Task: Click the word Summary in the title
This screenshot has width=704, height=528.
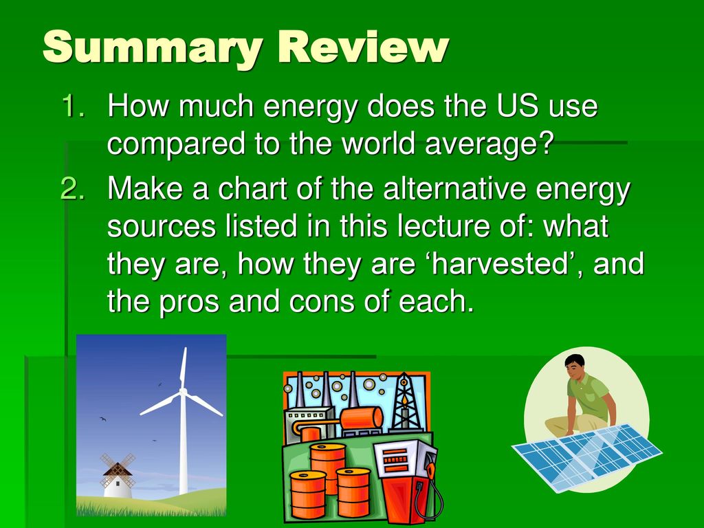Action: (153, 48)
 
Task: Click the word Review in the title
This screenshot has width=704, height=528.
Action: (364, 47)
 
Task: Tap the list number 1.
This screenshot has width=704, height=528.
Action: (73, 106)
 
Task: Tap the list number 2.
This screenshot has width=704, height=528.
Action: (72, 188)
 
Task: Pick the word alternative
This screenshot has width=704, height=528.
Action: (454, 188)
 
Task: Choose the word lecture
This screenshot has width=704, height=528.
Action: (445, 225)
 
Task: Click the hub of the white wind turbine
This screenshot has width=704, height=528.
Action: (183, 392)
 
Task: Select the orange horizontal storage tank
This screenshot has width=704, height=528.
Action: (362, 418)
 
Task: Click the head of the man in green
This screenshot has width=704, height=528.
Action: (575, 366)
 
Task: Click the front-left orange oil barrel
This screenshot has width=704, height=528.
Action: (308, 494)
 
